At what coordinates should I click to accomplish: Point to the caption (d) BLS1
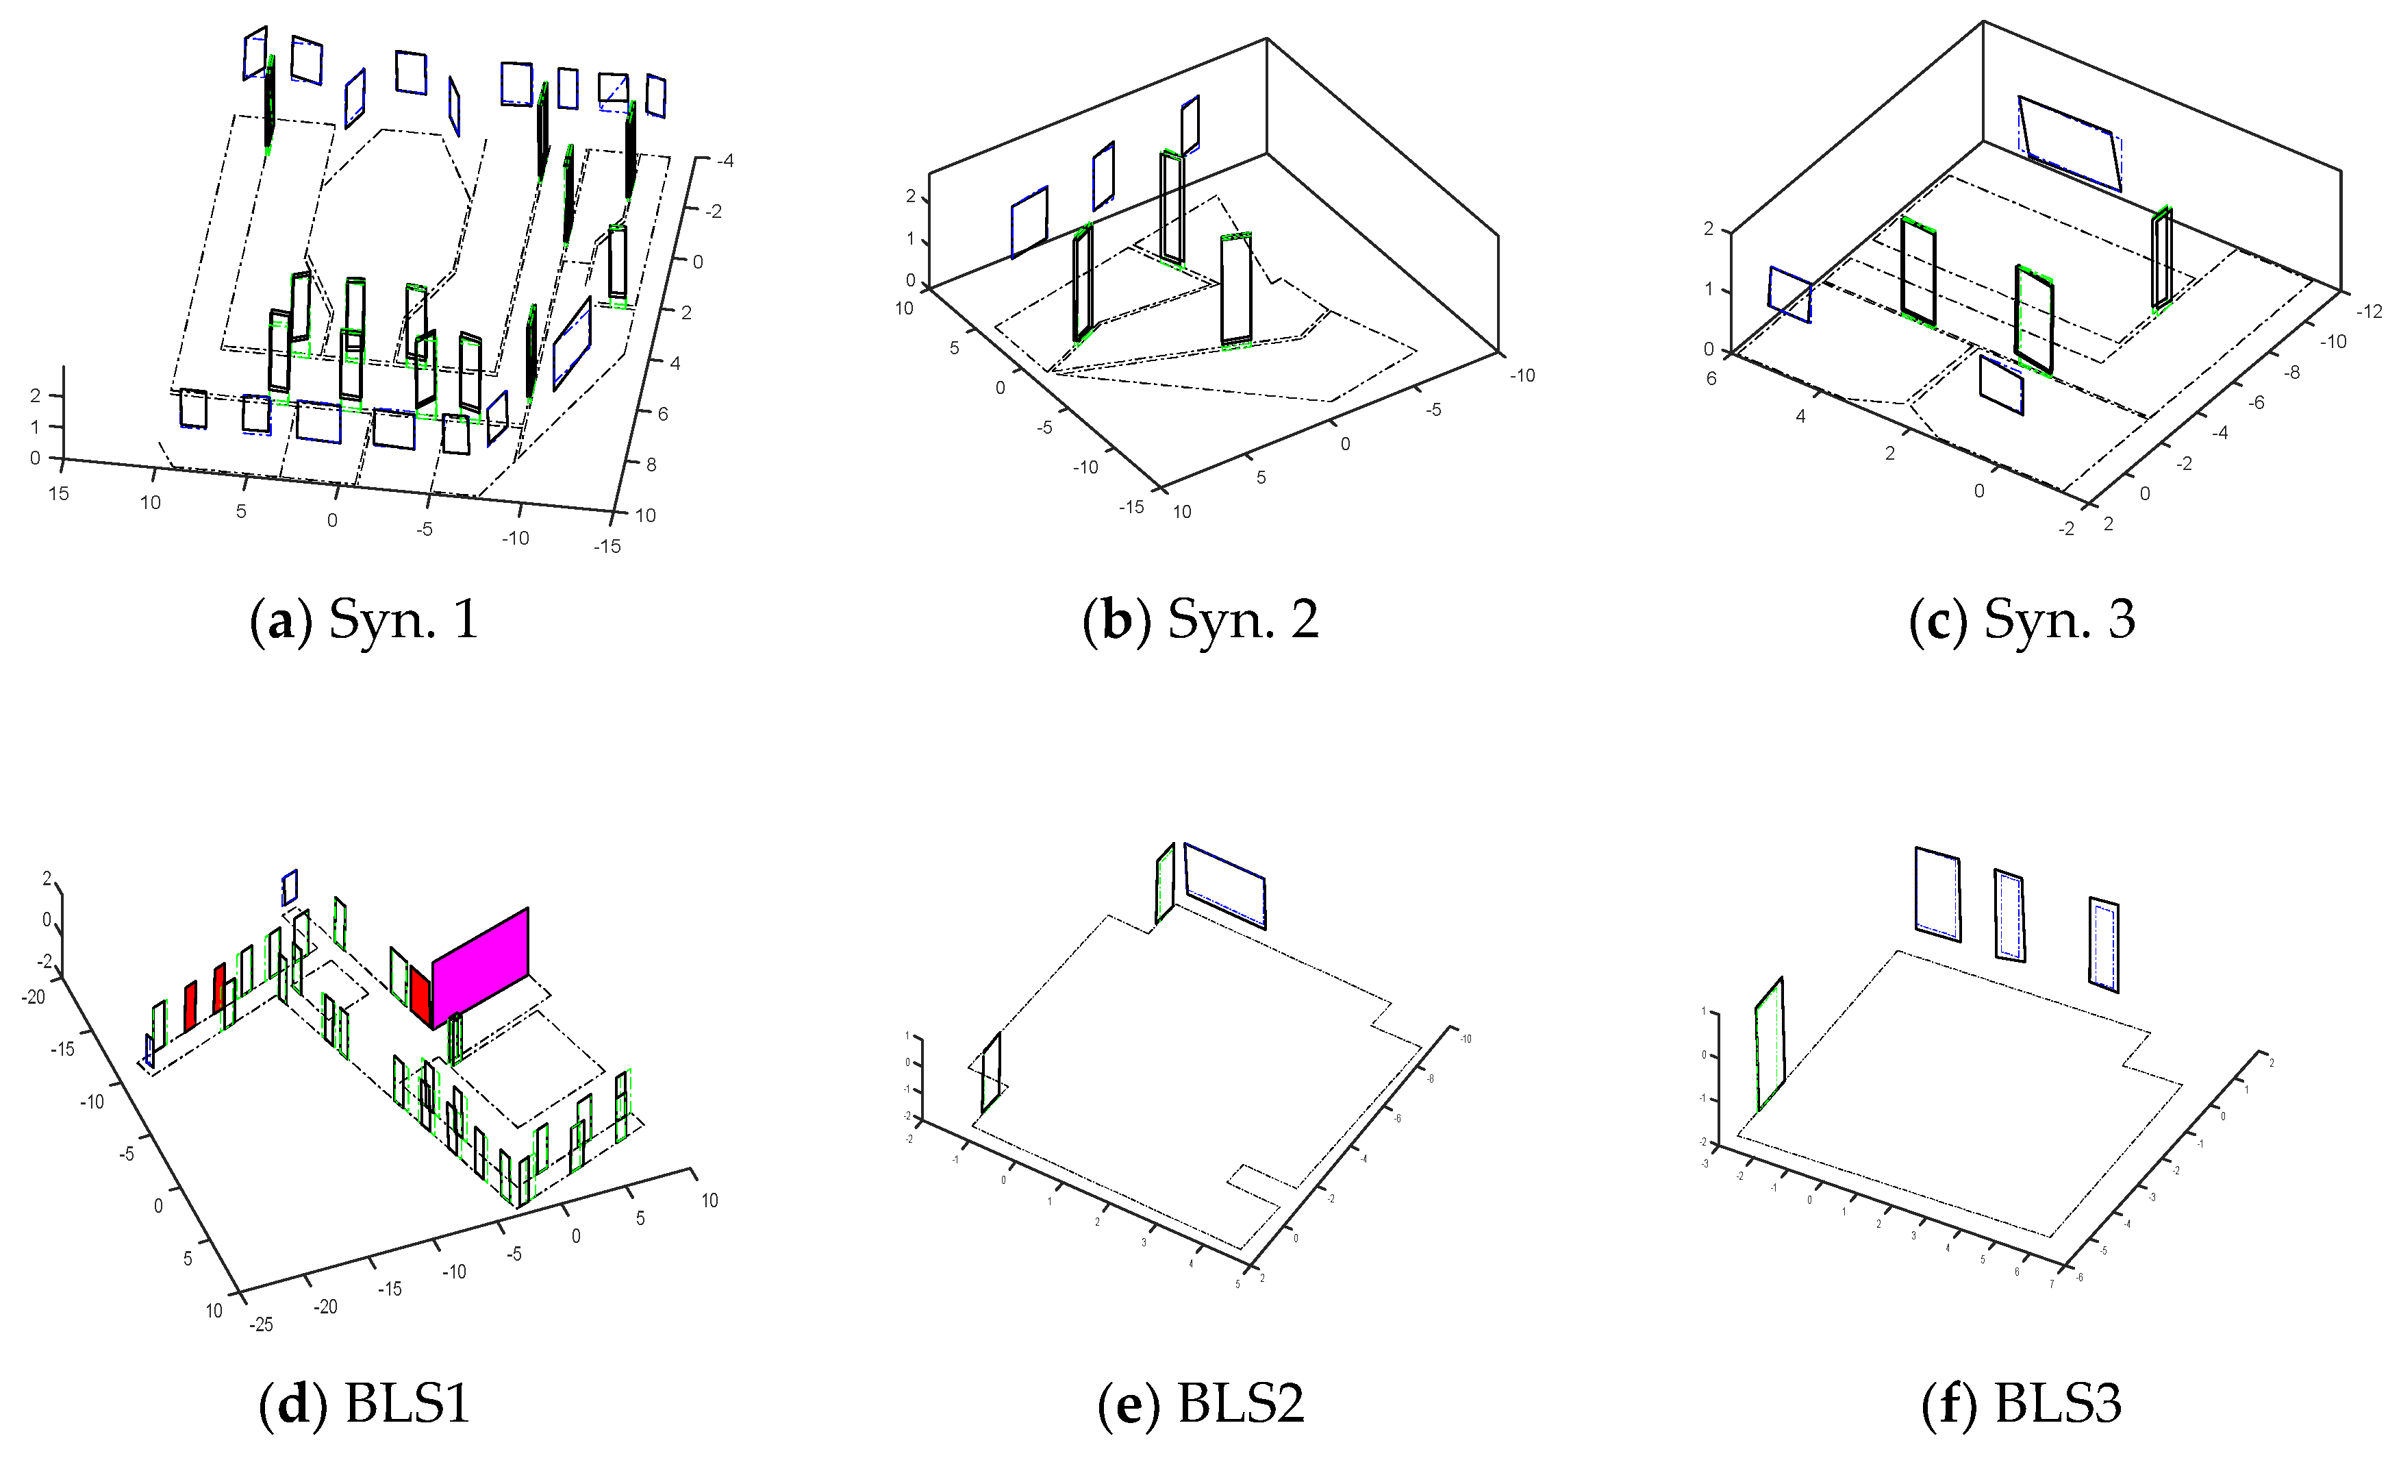click(364, 1405)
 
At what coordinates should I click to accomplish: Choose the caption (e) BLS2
click(1200, 1405)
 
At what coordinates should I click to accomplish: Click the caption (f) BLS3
click(2022, 1405)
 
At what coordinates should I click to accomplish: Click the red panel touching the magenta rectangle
click(420, 995)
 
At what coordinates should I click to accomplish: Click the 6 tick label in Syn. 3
click(1711, 378)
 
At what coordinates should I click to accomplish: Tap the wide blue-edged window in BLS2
click(1225, 886)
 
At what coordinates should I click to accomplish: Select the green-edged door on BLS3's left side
click(1770, 1043)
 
